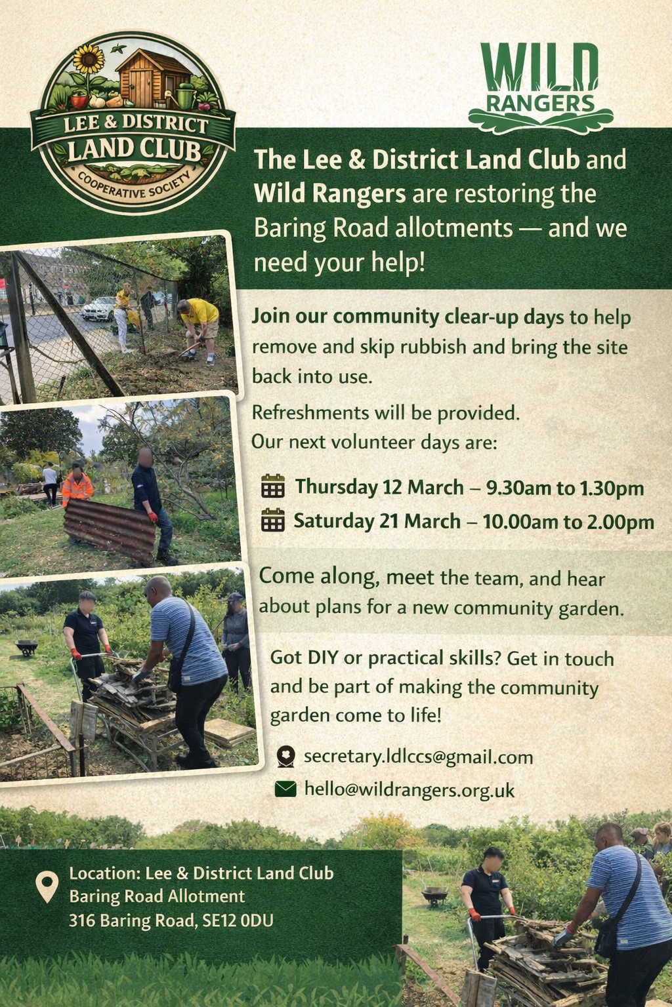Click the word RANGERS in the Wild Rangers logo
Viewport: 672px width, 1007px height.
coord(540,104)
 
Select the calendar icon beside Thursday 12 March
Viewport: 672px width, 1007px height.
coord(273,486)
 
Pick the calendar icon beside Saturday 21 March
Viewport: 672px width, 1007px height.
coord(273,520)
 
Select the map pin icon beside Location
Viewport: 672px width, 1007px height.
coord(47,886)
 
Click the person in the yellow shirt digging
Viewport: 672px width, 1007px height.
coord(199,329)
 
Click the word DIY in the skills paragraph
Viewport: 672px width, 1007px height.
coord(323,658)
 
